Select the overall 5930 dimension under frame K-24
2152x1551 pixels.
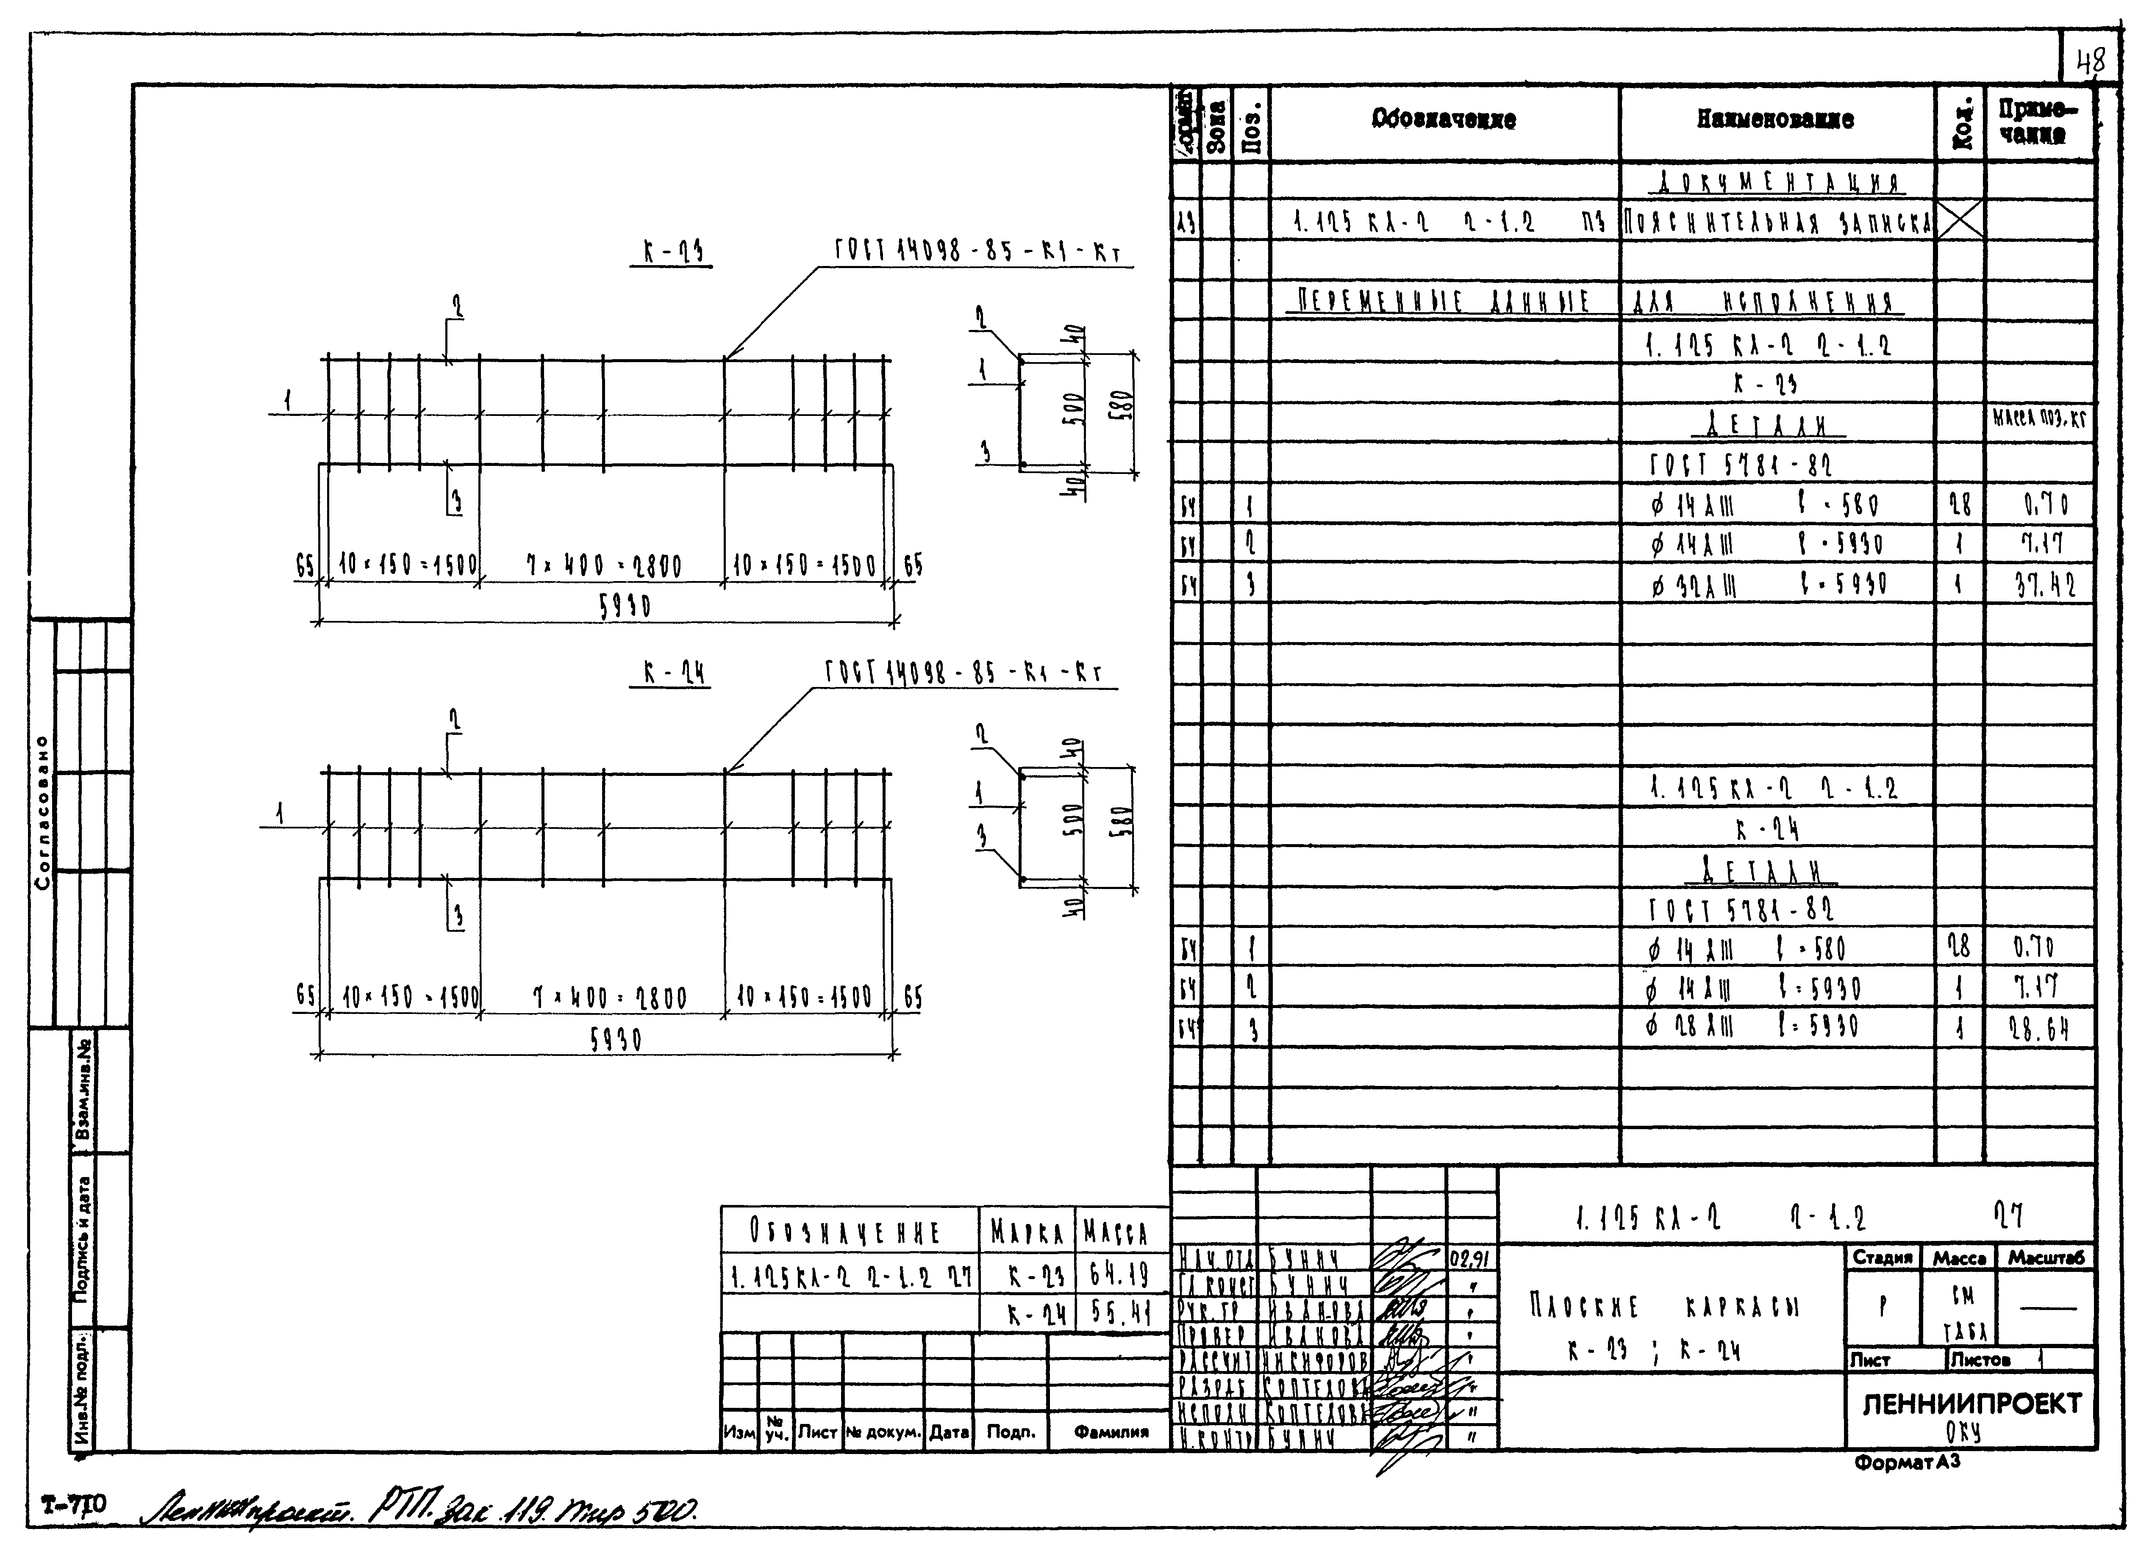coord(616,1040)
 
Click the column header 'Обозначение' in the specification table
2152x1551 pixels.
coord(1443,119)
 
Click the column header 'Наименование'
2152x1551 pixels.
coord(1775,119)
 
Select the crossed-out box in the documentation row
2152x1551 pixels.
coord(1959,221)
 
